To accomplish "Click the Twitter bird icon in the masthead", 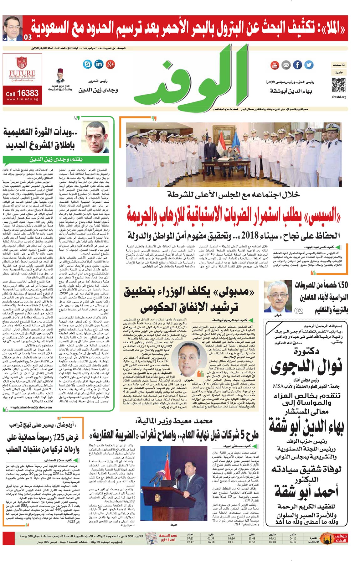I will point(309,65).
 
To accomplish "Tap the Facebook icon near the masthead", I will point(297,65).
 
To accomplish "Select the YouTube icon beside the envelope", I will point(275,65).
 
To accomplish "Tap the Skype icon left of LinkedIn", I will point(88,64).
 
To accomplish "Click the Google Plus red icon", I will point(110,64).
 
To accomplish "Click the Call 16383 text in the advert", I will point(22,93).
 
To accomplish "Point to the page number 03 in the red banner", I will point(28,37).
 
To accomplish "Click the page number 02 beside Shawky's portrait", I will point(299,310).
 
